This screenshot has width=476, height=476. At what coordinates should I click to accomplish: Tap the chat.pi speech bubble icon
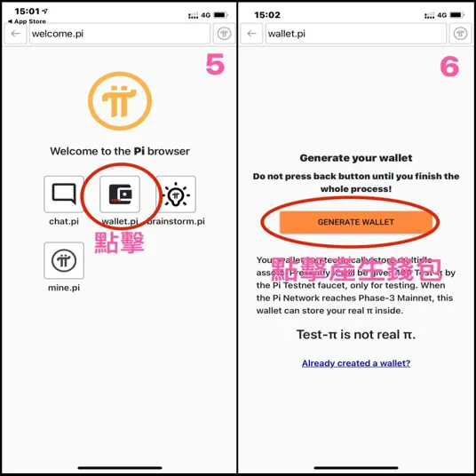point(64,194)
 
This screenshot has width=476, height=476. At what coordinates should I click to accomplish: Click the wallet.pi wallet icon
point(119,194)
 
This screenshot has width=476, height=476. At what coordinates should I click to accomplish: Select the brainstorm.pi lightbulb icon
point(176,194)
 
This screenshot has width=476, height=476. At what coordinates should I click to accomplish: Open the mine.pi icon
point(64,260)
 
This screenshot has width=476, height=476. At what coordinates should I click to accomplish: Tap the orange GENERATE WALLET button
point(355,222)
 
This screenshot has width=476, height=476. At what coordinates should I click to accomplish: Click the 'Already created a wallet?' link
point(355,363)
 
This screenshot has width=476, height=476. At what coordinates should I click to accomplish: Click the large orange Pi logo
point(118,99)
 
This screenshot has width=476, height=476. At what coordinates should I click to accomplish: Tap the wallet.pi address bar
point(355,34)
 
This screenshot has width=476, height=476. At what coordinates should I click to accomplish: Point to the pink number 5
point(214,65)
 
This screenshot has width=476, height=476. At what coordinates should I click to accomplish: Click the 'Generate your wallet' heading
point(355,158)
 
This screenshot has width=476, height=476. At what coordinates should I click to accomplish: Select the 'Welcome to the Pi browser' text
point(119,151)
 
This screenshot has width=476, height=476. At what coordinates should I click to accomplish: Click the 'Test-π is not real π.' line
point(355,335)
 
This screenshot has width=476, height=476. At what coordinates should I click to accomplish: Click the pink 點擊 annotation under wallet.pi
point(119,242)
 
